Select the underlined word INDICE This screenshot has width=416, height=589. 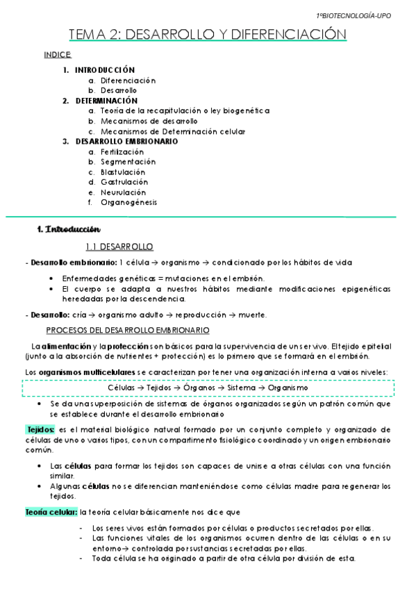57,54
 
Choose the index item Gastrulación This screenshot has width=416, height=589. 123,182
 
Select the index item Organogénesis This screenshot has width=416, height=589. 128,202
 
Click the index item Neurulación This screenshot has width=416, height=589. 123,192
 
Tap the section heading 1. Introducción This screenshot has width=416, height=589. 69,229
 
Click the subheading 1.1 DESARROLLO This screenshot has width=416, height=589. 119,247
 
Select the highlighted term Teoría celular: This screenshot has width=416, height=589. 51,512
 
